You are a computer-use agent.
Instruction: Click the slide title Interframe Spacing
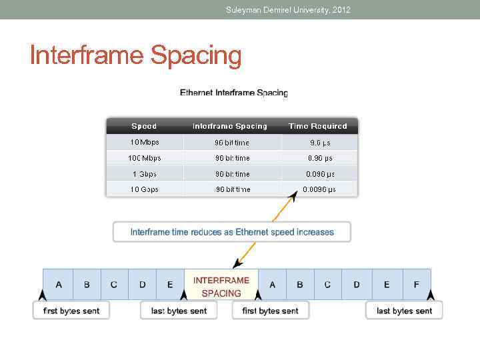[x=135, y=56]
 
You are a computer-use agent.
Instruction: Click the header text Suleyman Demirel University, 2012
[x=287, y=9]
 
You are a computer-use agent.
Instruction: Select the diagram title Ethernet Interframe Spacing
[x=234, y=93]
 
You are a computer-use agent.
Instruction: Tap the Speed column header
[x=144, y=126]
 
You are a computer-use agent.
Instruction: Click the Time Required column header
[x=317, y=126]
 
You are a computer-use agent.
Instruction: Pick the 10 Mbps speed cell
[x=144, y=142]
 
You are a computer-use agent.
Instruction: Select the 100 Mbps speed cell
[x=144, y=158]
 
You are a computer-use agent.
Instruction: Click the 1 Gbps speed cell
[x=144, y=174]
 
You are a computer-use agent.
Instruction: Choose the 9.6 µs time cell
[x=320, y=142]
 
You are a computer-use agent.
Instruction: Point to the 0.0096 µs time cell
[x=319, y=189]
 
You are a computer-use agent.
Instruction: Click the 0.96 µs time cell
[x=320, y=158]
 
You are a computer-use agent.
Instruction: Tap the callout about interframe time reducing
[x=232, y=232]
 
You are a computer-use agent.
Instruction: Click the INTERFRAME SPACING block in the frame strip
[x=221, y=287]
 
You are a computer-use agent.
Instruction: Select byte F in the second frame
[x=417, y=285]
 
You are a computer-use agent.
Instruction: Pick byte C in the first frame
[x=114, y=285]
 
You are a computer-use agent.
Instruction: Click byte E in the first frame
[x=170, y=285]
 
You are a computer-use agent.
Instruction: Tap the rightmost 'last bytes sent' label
[x=404, y=311]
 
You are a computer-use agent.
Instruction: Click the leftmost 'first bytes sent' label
[x=71, y=311]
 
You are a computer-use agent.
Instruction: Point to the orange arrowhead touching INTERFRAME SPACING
[x=235, y=265]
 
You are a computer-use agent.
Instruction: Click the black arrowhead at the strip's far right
[x=430, y=295]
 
